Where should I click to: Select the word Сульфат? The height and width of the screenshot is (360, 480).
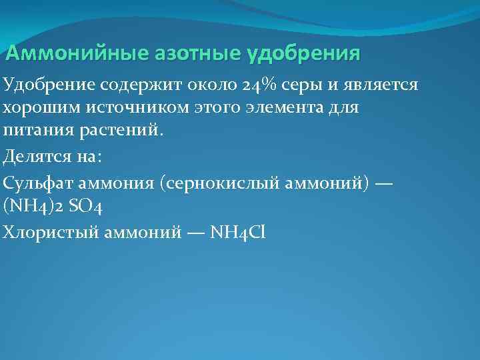(33, 183)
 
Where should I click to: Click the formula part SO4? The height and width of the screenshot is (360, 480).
(85, 205)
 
